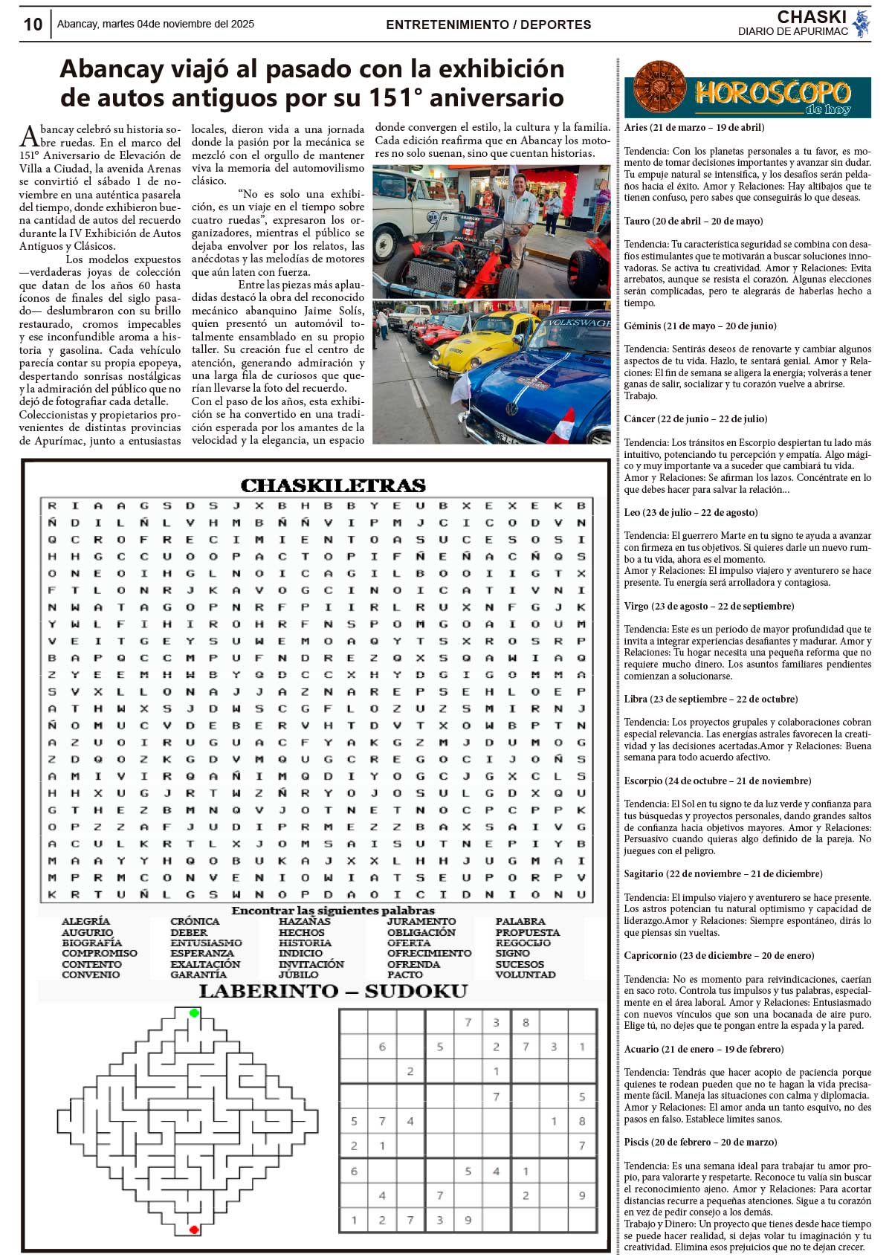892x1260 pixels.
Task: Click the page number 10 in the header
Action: (33, 25)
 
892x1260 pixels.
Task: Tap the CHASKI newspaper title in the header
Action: (812, 17)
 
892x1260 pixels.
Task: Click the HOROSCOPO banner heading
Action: (772, 94)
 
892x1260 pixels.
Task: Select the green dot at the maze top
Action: (194, 1013)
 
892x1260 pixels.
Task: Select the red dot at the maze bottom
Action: (194, 1230)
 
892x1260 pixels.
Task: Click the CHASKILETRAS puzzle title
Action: (333, 486)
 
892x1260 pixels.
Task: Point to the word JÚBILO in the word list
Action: (299, 975)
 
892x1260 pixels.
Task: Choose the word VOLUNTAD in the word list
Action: (525, 975)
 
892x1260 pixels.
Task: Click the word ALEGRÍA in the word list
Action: (85, 922)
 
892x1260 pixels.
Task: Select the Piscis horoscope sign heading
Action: (700, 1142)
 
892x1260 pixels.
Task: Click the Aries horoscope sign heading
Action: (694, 127)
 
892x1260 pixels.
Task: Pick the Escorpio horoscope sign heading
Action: (717, 781)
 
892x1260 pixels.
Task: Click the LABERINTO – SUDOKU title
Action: (333, 991)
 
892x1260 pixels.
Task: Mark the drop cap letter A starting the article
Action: (28, 136)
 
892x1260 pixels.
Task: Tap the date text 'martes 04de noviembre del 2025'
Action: (178, 24)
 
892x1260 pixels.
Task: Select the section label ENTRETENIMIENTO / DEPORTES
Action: (488, 25)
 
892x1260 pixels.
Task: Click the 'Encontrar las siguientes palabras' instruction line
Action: (333, 911)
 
